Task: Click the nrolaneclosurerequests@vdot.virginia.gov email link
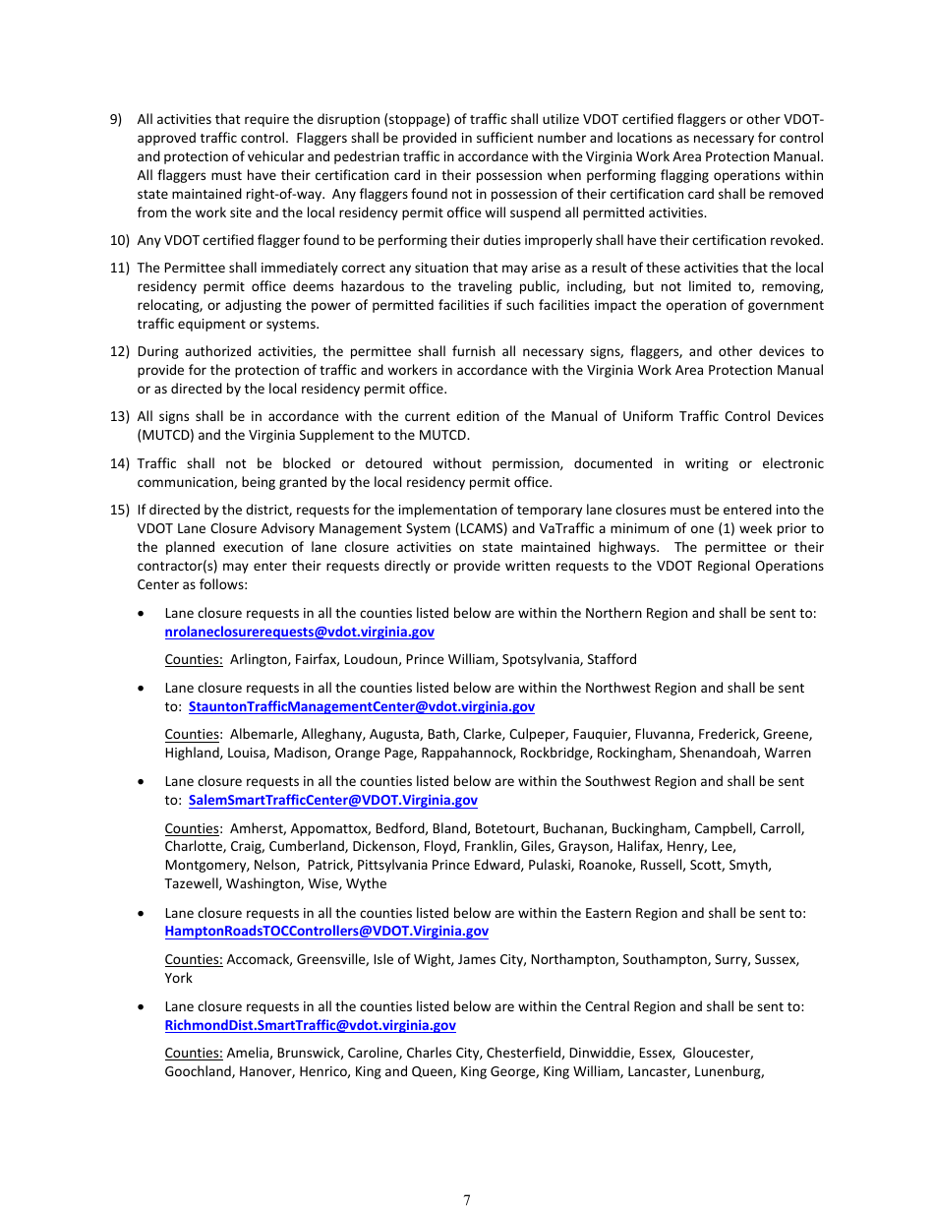click(x=299, y=632)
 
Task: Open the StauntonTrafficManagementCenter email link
click(x=361, y=706)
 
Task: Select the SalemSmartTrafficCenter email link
click(x=332, y=800)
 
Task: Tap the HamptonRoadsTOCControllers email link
click(x=325, y=931)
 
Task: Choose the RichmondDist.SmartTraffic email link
click(x=310, y=1025)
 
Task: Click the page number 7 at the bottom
click(x=467, y=1199)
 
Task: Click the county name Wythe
click(x=367, y=883)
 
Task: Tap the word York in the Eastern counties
click(x=178, y=978)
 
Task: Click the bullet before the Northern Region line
click(x=144, y=613)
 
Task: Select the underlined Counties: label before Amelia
click(x=194, y=1053)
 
